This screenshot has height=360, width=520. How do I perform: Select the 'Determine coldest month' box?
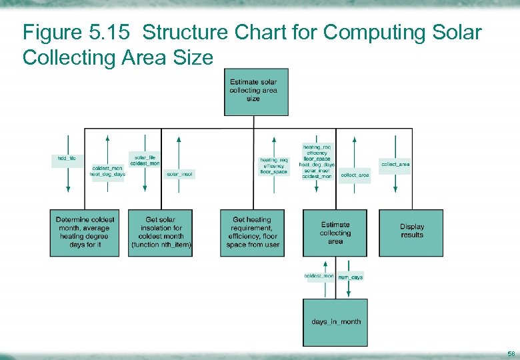click(x=85, y=233)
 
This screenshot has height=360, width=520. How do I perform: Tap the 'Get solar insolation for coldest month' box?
click(x=161, y=233)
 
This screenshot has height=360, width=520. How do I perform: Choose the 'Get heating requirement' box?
click(x=253, y=233)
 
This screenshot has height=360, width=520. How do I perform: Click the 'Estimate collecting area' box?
click(x=335, y=233)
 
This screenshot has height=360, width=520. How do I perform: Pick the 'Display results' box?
click(x=411, y=231)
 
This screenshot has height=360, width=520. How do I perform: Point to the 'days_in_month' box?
click(x=335, y=322)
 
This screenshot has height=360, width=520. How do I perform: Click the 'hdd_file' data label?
click(x=67, y=159)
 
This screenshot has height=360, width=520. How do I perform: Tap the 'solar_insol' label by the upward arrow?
click(x=180, y=174)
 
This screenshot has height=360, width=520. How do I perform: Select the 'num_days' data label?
click(x=351, y=277)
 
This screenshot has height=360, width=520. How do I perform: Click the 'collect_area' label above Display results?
click(x=395, y=163)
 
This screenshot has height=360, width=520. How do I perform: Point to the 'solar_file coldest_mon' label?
click(x=145, y=160)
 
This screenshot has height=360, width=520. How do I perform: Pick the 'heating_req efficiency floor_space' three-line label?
click(x=273, y=166)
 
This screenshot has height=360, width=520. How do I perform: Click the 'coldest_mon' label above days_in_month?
click(x=319, y=275)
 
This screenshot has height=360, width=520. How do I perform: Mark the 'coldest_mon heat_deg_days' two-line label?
click(x=107, y=171)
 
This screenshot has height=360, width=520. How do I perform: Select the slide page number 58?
click(x=511, y=353)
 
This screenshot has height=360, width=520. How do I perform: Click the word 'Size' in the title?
click(x=196, y=57)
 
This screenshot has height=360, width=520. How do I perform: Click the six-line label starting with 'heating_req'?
click(x=317, y=161)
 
